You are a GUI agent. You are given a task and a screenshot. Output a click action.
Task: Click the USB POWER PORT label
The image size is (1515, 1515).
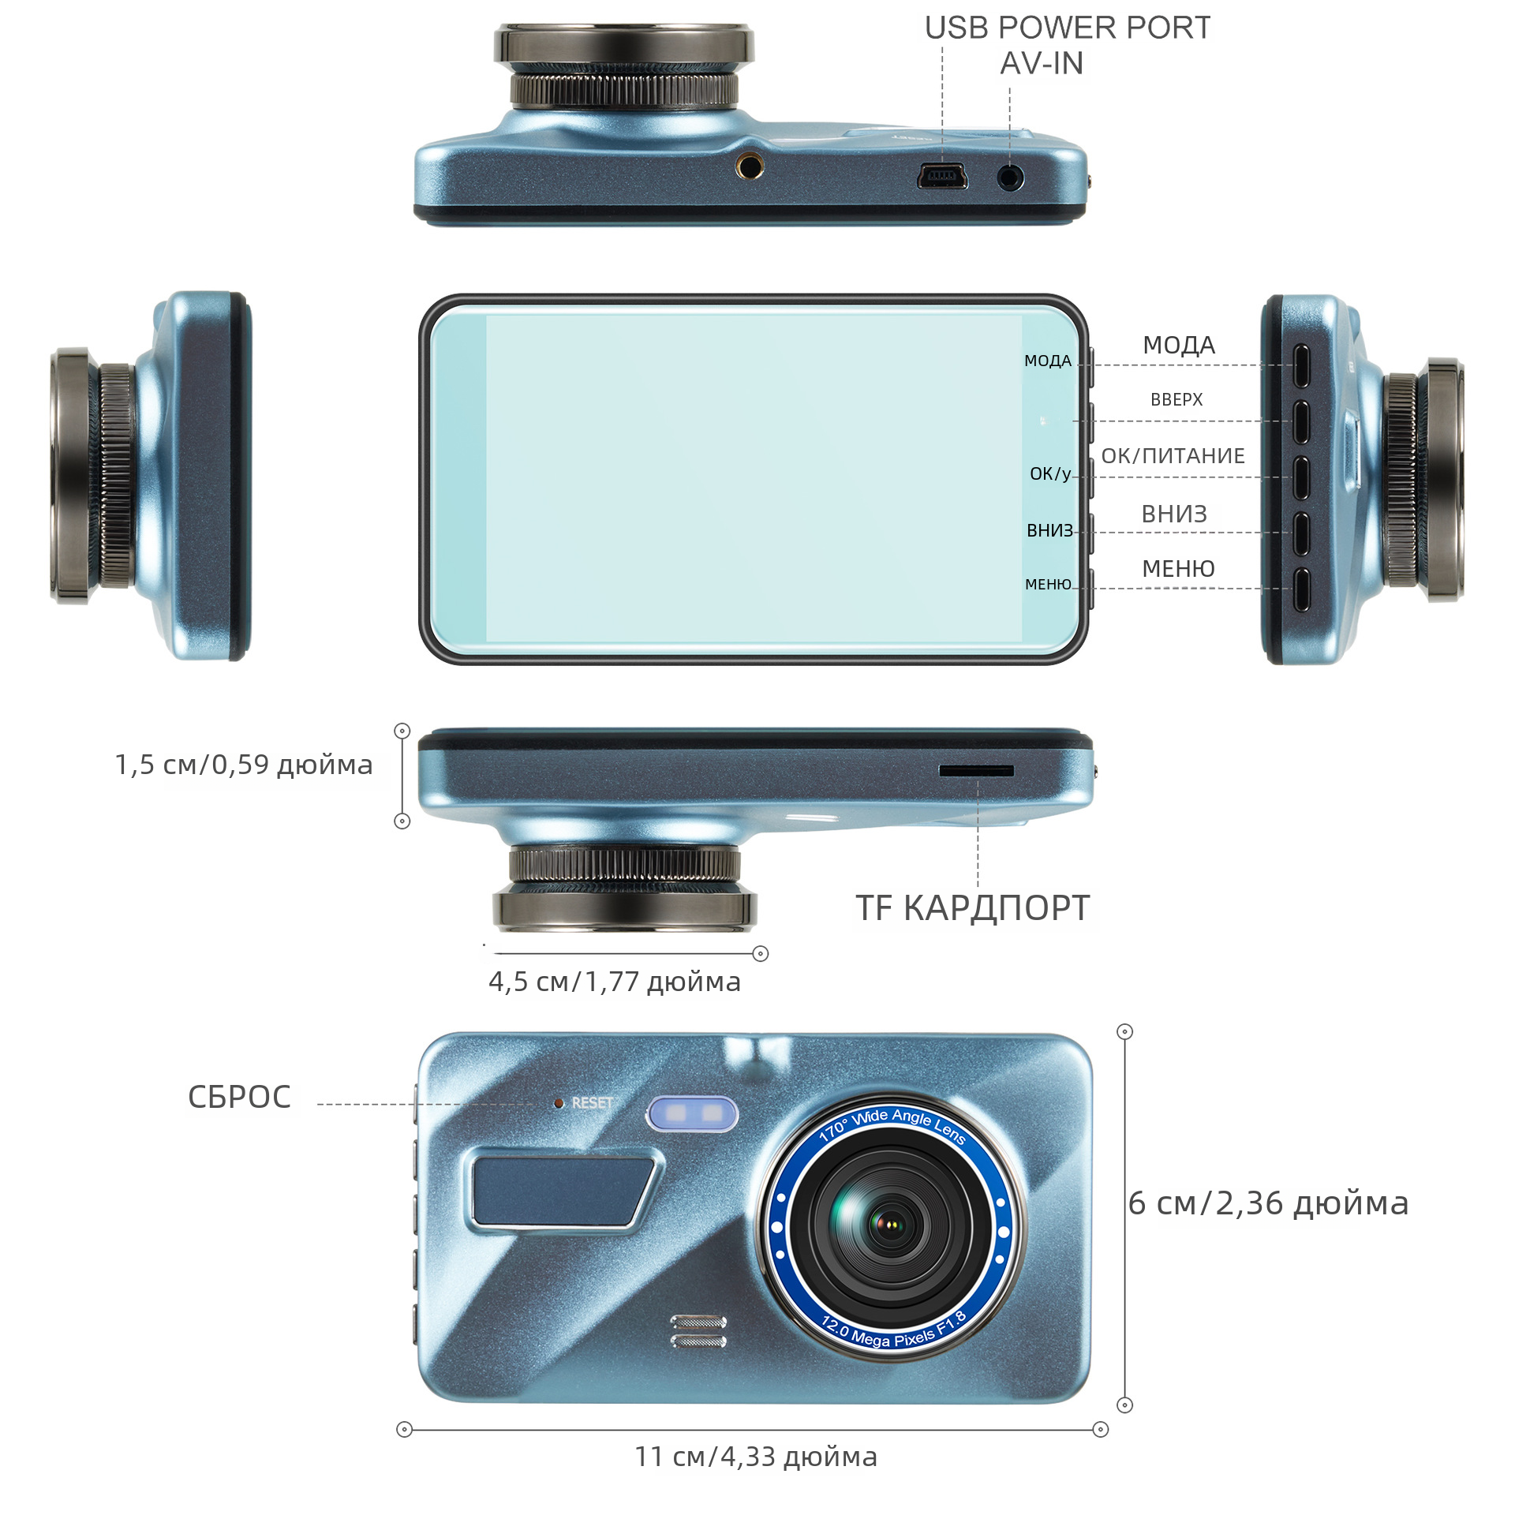(1067, 28)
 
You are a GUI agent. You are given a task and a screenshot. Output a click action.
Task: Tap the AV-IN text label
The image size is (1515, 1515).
(1042, 64)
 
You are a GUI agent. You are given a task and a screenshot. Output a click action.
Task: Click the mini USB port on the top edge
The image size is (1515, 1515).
(942, 176)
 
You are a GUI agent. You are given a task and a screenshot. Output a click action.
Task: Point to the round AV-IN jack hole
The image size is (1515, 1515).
(1010, 177)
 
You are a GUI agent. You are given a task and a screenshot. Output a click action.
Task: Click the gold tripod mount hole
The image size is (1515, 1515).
(750, 166)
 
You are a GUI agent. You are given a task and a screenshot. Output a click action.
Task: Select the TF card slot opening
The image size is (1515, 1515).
(976, 770)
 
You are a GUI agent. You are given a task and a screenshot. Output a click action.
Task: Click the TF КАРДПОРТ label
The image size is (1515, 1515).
(973, 908)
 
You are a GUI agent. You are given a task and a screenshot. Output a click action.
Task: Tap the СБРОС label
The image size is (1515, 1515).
(239, 1097)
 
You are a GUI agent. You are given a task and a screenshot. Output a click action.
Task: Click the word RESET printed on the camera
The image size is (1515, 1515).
(592, 1102)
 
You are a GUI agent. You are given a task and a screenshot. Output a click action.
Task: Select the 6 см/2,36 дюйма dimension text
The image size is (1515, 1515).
(1268, 1204)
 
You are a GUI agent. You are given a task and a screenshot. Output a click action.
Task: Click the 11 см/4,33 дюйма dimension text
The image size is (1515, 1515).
(756, 1457)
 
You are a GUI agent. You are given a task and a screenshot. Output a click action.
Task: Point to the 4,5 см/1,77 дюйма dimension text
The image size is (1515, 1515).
(615, 982)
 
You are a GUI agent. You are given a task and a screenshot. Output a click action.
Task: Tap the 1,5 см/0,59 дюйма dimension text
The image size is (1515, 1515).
(244, 765)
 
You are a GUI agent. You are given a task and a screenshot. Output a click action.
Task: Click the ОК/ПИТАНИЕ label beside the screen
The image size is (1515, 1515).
(1173, 456)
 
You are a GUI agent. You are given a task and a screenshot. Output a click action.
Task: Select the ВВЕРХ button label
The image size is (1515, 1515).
(1176, 400)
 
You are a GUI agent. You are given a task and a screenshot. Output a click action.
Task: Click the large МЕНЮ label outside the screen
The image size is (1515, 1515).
(1178, 569)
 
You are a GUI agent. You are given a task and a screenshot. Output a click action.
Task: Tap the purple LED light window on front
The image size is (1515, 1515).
(692, 1113)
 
